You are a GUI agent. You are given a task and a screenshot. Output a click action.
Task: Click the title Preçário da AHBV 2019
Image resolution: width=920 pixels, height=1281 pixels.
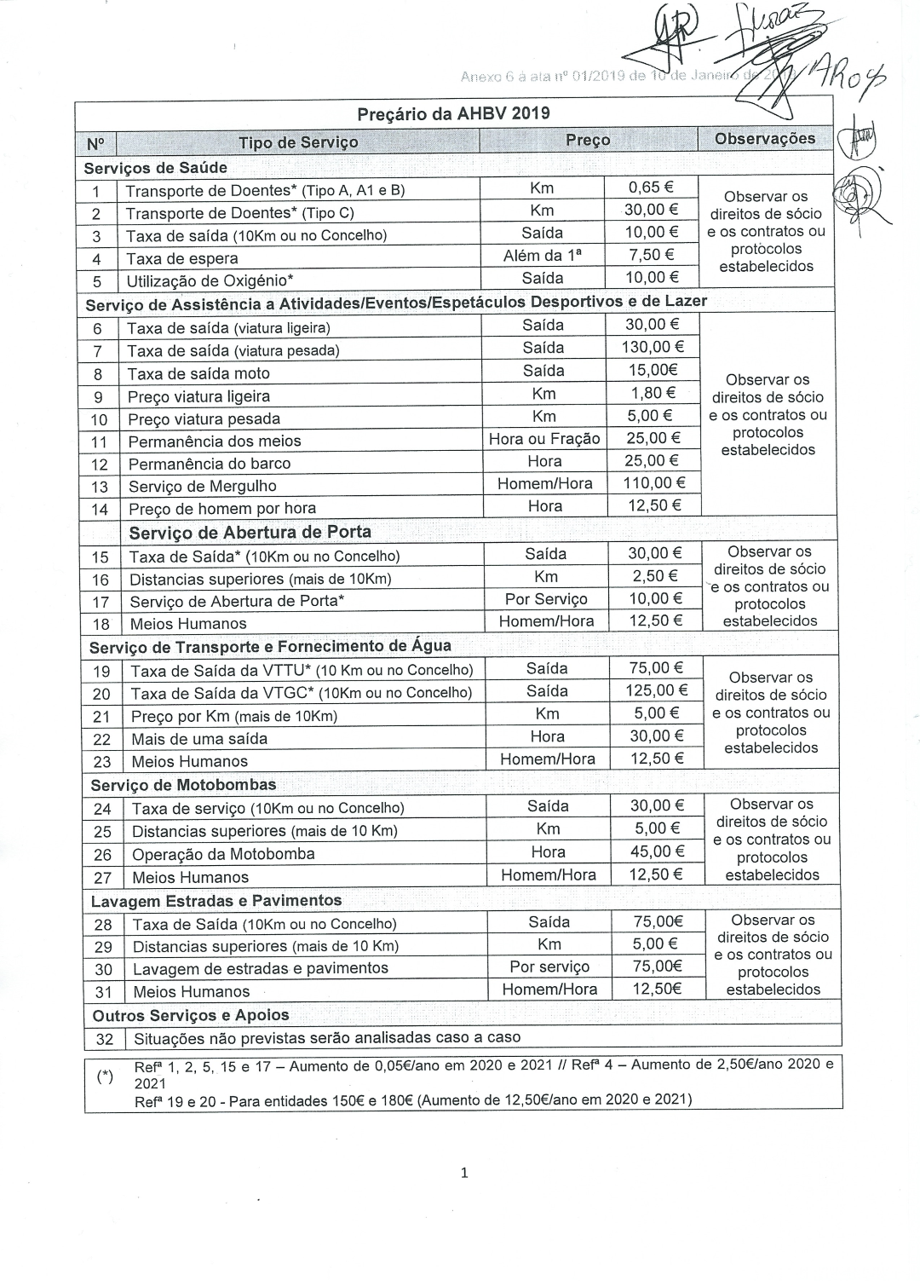[452, 113]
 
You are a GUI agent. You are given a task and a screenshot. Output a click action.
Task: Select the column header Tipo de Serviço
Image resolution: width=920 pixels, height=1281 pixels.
[298, 142]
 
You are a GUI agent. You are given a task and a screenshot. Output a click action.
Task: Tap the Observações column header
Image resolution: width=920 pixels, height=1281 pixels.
[764, 139]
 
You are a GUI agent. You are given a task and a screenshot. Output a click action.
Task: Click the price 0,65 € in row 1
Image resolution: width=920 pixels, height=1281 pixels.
[651, 188]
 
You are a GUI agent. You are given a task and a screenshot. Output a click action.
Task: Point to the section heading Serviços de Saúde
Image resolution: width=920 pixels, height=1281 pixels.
[156, 168]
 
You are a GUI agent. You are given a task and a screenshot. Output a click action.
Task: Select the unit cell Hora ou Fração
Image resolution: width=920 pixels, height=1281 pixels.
[544, 439]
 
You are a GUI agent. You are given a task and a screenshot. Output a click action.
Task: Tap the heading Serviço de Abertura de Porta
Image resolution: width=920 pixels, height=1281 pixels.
[250, 532]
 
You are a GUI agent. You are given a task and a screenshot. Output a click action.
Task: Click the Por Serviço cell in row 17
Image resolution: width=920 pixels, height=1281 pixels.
[546, 599]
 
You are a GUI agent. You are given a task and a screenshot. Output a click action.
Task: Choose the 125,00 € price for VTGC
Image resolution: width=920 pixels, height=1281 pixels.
[656, 690]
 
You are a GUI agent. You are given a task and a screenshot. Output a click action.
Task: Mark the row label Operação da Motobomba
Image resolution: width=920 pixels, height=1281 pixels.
[223, 854]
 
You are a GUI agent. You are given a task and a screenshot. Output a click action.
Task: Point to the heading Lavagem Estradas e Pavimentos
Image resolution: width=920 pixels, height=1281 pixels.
[216, 901]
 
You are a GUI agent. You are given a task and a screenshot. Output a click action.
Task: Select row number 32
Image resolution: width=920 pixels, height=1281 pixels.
[105, 1039]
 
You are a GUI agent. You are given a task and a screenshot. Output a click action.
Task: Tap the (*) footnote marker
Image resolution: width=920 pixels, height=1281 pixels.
[105, 1076]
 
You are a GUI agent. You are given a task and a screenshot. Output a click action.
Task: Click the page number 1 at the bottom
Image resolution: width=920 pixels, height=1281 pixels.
[463, 1173]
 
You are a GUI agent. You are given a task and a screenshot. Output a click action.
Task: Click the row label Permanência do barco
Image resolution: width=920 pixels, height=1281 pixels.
[210, 464]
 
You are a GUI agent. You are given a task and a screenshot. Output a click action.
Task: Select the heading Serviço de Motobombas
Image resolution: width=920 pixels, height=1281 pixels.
[183, 785]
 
